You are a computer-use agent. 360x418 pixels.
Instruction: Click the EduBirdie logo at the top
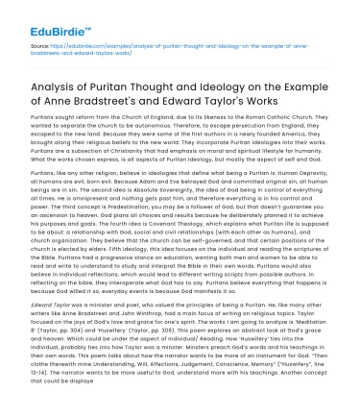(x=45, y=16)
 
